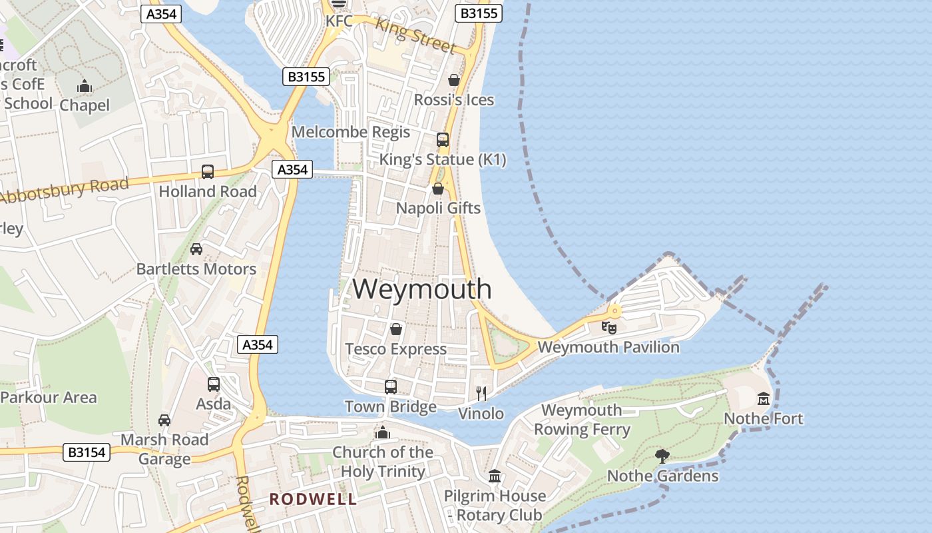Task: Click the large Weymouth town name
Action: click(x=422, y=289)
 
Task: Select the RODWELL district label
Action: click(x=313, y=499)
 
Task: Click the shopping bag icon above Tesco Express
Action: click(x=396, y=329)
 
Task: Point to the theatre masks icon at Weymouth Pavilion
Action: click(x=608, y=327)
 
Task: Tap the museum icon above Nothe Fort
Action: click(x=764, y=399)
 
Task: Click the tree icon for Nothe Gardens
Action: click(x=662, y=456)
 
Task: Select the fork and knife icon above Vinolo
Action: click(x=481, y=394)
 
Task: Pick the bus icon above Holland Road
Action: click(x=208, y=172)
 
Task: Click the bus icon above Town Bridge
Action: click(x=391, y=387)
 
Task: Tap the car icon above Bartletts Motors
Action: click(x=196, y=249)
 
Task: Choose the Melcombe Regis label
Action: click(x=351, y=132)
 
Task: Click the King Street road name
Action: click(x=415, y=35)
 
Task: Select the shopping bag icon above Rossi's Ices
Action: click(x=454, y=81)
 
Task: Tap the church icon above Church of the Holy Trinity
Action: click(x=382, y=433)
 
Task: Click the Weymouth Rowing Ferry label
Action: click(x=582, y=420)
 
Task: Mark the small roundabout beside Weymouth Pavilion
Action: click(x=614, y=310)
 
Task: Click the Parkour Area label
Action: click(x=49, y=398)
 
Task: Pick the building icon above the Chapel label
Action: click(x=85, y=87)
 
